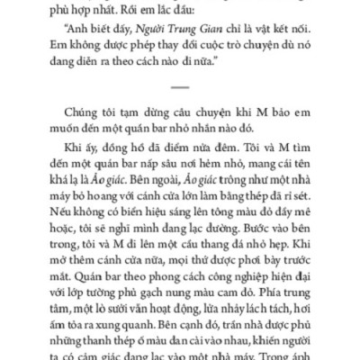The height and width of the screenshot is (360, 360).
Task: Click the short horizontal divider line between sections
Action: (x=179, y=87)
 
